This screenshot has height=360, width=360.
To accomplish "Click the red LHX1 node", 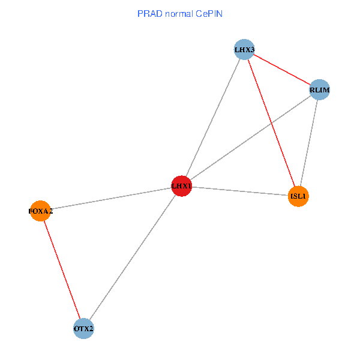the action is pos(181,186).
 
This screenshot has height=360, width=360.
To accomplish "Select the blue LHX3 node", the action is pos(244,49).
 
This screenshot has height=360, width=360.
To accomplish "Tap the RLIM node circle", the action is pos(319,90).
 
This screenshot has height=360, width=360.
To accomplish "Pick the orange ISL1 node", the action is pos(298,196).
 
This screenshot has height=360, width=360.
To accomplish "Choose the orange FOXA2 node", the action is pos(40,211).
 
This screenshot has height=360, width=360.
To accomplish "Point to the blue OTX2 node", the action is pos(83,329).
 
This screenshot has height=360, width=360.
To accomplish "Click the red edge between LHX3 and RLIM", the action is pos(282,70).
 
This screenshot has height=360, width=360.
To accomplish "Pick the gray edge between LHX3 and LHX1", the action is pos(213,118).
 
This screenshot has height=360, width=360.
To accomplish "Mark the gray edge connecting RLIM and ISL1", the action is pos(309,143).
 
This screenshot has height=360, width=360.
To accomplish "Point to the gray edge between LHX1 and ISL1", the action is pos(240,191).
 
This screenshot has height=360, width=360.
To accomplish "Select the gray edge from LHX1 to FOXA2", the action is pos(111,198).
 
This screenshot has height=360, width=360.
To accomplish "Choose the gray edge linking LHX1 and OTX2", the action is pos(132,257).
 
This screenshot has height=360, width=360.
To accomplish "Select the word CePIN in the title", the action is pos(209,13).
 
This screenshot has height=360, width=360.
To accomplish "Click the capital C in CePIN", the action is pos(198,13).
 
